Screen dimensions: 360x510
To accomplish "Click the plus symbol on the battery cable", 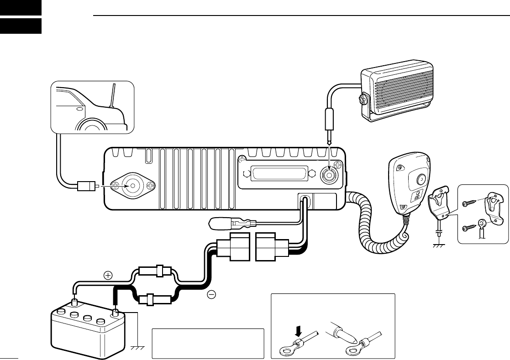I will point(108,275).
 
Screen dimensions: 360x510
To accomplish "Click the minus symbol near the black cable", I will point(211,295).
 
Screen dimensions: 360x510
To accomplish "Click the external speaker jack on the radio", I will point(329,174).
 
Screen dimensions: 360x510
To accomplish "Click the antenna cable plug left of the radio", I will point(87,186).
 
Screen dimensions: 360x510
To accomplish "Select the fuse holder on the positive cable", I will point(157,271).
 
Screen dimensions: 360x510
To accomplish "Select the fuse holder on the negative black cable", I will point(156,301).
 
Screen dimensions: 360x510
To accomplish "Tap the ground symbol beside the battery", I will point(137,348).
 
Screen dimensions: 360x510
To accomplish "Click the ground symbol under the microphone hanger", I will point(438,245).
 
